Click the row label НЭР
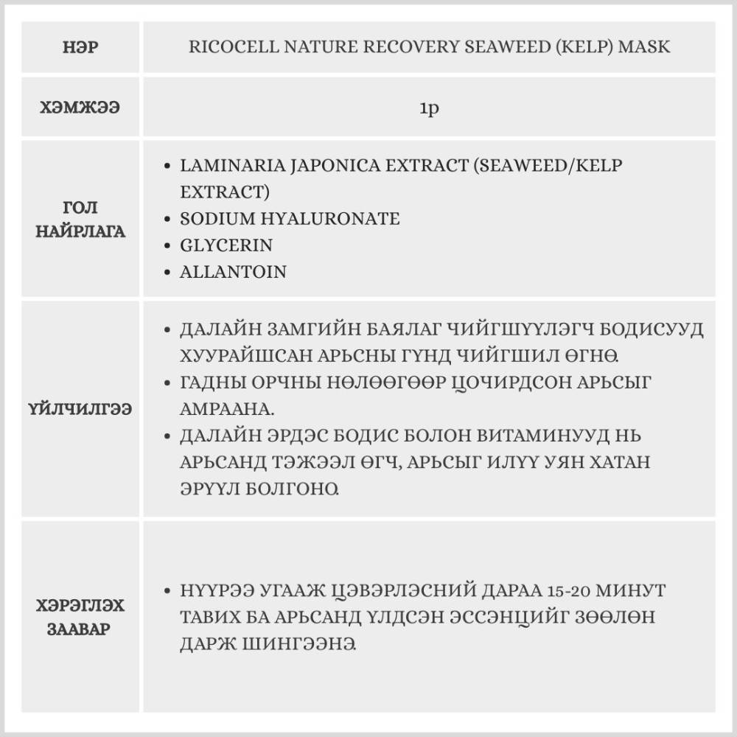[81, 48]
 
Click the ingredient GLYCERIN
[226, 245]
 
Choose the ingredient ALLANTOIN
[233, 271]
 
